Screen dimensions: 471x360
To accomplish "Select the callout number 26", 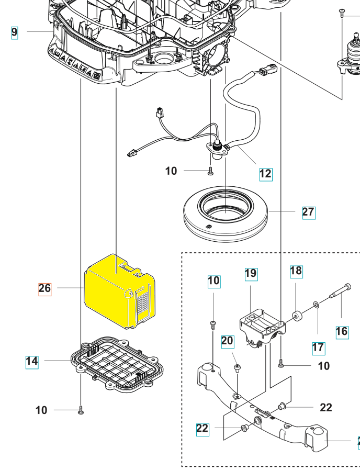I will click(45, 288).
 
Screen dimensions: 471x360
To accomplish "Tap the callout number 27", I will click(309, 212).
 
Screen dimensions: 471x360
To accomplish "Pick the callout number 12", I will click(266, 174).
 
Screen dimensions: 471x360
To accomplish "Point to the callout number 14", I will click(32, 361).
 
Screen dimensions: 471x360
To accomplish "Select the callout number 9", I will click(14, 32).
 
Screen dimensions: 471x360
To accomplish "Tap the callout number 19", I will click(251, 274).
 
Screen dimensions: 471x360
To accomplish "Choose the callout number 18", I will click(296, 271).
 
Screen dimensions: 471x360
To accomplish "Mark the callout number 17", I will click(318, 347).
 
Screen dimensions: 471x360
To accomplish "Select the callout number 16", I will click(342, 331).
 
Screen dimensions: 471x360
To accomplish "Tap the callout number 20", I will click(227, 341).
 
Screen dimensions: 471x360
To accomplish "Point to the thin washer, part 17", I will click(317, 305).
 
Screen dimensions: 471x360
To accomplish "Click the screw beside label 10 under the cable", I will click(210, 171).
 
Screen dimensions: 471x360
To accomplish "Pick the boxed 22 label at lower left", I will click(203, 429).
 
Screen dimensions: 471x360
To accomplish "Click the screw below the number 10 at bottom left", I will click(81, 411).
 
